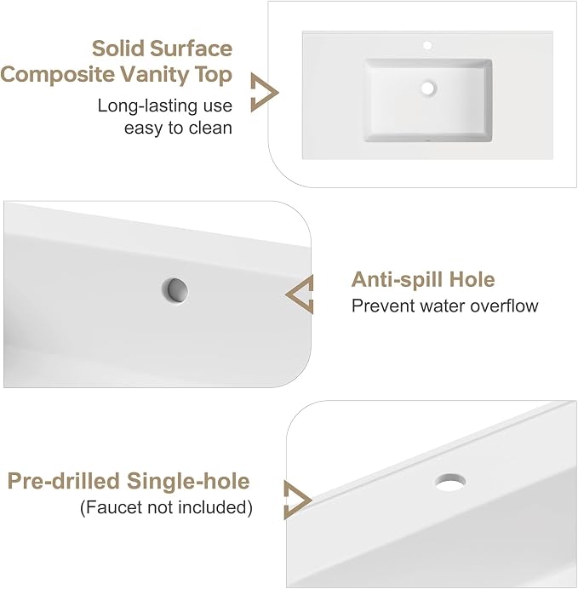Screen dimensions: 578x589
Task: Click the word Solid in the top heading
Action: pyautogui.click(x=118, y=49)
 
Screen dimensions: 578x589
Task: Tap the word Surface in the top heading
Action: pyautogui.click(x=192, y=49)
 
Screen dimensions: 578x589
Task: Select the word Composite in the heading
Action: pyautogui.click(x=58, y=75)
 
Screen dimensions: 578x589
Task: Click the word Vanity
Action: pyautogui.click(x=154, y=75)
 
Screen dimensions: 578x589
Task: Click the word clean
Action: pyautogui.click(x=210, y=128)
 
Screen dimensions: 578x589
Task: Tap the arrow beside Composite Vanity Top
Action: pyautogui.click(x=264, y=93)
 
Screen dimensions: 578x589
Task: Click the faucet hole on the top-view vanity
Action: pyautogui.click(x=427, y=45)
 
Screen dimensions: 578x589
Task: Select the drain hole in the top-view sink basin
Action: pyautogui.click(x=428, y=89)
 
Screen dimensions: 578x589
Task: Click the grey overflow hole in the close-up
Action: pyautogui.click(x=175, y=291)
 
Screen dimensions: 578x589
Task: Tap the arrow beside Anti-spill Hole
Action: pyautogui.click(x=300, y=294)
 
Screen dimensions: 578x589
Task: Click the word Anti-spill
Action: pyautogui.click(x=397, y=280)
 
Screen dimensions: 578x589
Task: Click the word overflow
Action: pyautogui.click(x=504, y=306)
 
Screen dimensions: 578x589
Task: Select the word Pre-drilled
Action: pyautogui.click(x=64, y=481)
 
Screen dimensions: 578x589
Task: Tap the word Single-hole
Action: pyautogui.click(x=188, y=481)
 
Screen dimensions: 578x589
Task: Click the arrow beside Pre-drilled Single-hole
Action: pyautogui.click(x=297, y=500)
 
